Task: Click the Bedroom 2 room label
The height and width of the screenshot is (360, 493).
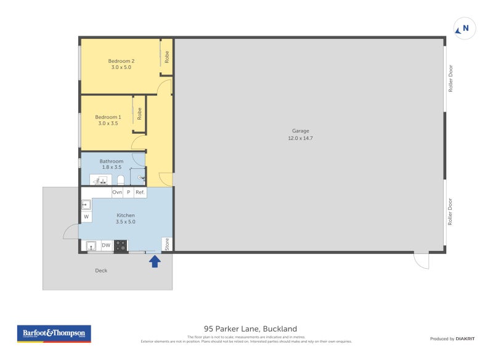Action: point(121,61)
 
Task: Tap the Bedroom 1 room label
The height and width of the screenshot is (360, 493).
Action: point(108,117)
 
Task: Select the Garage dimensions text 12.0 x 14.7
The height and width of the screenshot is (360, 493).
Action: point(301,138)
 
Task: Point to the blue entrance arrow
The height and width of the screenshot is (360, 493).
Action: point(155,261)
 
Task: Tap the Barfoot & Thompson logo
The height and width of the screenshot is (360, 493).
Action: point(54,333)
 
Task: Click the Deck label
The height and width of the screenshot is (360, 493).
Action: point(101,271)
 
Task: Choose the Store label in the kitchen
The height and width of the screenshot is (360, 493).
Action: point(167,245)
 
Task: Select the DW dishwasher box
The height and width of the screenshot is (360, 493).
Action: point(106,245)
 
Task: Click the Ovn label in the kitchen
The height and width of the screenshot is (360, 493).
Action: point(117,192)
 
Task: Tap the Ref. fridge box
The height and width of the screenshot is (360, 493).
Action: point(141,192)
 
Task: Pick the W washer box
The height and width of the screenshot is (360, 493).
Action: point(86,216)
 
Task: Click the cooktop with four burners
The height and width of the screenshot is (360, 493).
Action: point(121,245)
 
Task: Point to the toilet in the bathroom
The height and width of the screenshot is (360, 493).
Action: point(121,180)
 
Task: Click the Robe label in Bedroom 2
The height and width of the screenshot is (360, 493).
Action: point(167,57)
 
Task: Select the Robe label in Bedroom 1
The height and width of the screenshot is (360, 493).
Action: point(140,113)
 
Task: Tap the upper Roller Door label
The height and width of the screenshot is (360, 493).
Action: point(451,78)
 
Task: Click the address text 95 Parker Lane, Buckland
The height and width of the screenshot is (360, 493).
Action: point(246,329)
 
